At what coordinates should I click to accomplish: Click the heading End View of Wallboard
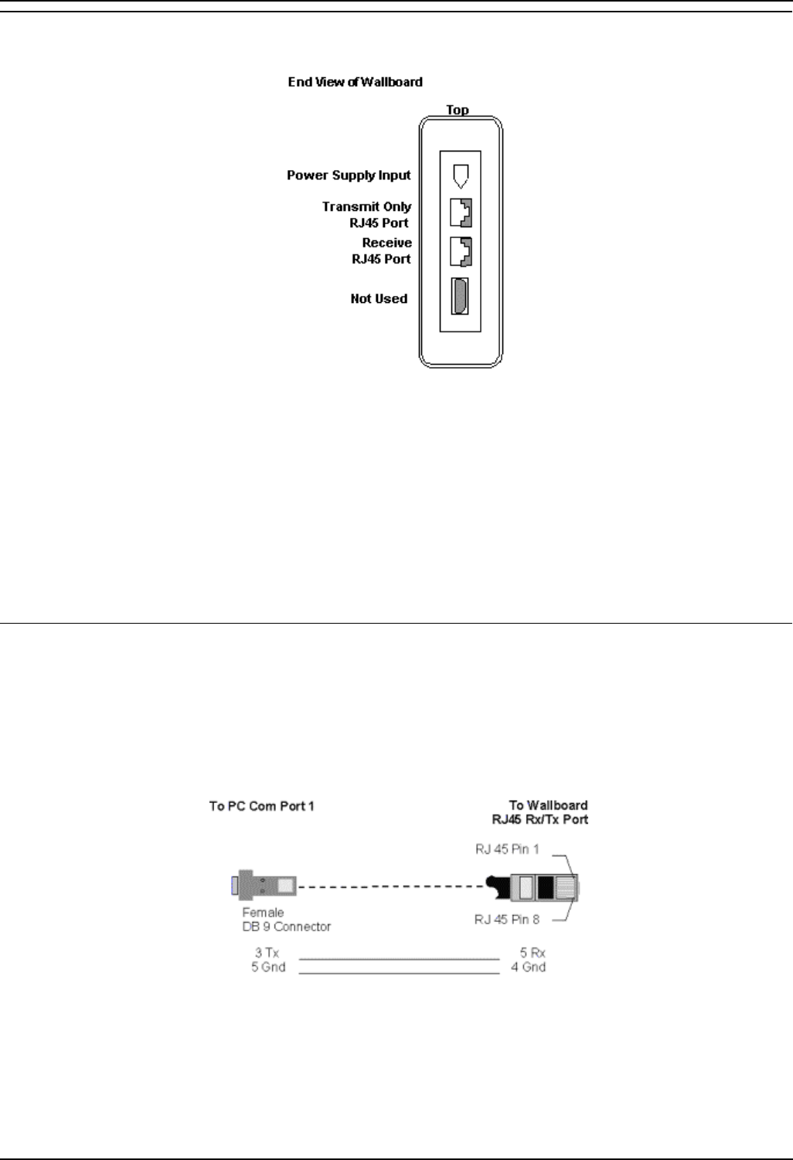point(355,82)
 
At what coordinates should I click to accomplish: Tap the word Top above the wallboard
point(458,110)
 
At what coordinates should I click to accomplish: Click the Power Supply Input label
point(349,175)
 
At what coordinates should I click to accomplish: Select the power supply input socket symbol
point(461,175)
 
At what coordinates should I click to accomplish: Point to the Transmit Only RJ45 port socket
point(461,213)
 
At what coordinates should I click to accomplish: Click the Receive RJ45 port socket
point(461,251)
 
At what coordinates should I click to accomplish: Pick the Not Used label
point(379,299)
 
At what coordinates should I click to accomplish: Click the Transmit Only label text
point(366,207)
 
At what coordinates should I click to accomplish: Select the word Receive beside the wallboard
point(386,243)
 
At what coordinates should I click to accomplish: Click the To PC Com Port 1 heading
point(261,806)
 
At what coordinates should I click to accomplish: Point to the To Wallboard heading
point(548,805)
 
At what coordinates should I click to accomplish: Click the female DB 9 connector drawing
point(264,886)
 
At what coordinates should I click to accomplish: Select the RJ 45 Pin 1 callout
point(507,849)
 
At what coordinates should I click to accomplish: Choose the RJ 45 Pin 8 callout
point(507,920)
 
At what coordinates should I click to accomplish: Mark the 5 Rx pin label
point(532,954)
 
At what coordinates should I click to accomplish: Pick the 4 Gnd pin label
point(528,967)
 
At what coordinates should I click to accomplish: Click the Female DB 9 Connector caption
point(286,920)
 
